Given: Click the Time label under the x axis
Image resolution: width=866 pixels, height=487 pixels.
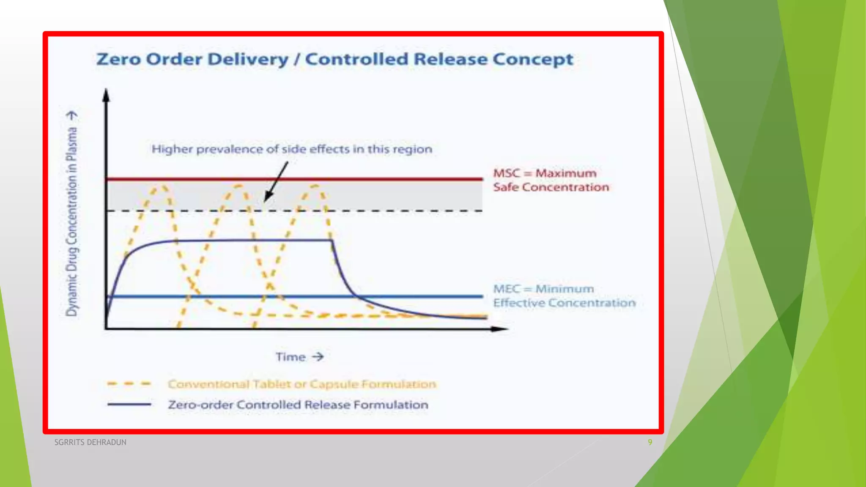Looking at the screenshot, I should pyautogui.click(x=291, y=357).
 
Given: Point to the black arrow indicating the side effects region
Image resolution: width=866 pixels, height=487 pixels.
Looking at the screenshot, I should pyautogui.click(x=276, y=182).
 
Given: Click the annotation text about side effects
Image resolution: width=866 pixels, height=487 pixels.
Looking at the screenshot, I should pyautogui.click(x=292, y=149).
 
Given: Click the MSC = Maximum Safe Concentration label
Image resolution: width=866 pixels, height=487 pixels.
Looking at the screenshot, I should pyautogui.click(x=551, y=180).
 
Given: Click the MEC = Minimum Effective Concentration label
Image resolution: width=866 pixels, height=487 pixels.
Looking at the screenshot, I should pyautogui.click(x=564, y=296).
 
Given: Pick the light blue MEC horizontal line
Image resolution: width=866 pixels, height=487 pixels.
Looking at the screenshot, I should pyautogui.click(x=423, y=296).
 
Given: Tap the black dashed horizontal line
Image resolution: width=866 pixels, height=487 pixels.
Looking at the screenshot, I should pyautogui.click(x=402, y=211).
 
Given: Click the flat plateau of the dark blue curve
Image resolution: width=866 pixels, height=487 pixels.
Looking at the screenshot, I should pyautogui.click(x=254, y=240).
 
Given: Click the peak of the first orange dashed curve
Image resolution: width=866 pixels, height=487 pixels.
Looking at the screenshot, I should pyautogui.click(x=162, y=186).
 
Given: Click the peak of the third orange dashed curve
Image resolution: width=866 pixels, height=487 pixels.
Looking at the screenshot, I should pyautogui.click(x=315, y=186).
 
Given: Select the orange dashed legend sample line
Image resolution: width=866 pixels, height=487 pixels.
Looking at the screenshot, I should pyautogui.click(x=129, y=384).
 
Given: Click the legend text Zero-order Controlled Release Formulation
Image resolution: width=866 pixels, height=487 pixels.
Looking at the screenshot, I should pyautogui.click(x=298, y=405).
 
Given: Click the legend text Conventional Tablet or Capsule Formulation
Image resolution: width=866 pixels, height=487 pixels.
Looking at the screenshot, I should pyautogui.click(x=301, y=384).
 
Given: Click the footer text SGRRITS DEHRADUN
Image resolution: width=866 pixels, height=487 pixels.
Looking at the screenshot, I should pyautogui.click(x=90, y=442).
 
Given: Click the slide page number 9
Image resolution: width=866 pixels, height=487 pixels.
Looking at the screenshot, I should pyautogui.click(x=650, y=442).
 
